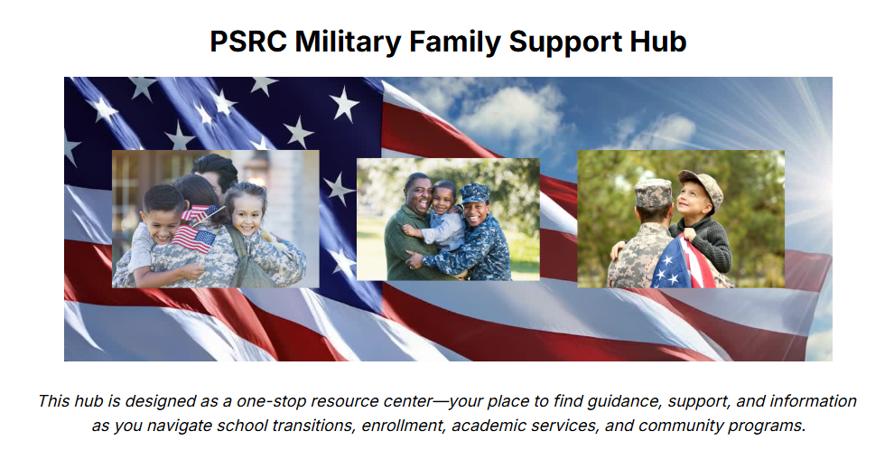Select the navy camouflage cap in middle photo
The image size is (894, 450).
(x=475, y=192)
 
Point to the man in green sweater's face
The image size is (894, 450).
(x=417, y=192)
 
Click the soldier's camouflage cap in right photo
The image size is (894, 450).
(x=653, y=190)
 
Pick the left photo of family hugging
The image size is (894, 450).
(x=215, y=219)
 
